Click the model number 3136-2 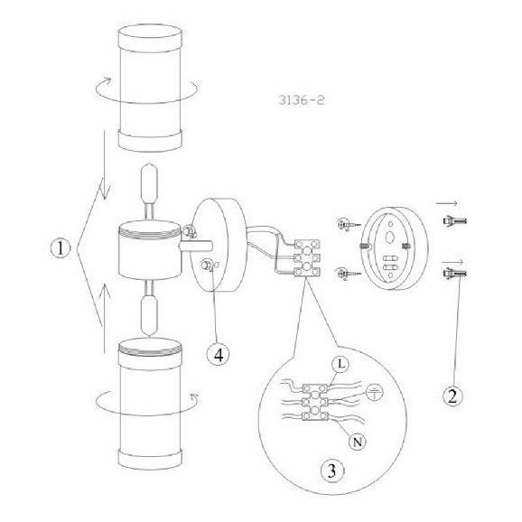coord(302,100)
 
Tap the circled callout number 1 coord(61,248)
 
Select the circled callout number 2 coord(452,396)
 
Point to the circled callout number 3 coord(332,471)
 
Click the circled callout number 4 coord(218,355)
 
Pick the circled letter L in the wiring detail coord(340,364)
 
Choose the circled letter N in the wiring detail coord(358,443)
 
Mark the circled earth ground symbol coord(375,392)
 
